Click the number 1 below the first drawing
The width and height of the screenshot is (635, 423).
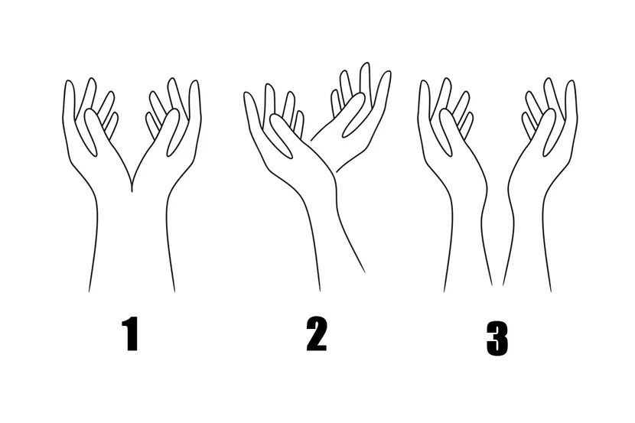132,334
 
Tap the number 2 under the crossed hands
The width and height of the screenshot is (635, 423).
316,334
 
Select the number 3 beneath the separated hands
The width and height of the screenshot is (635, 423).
497,339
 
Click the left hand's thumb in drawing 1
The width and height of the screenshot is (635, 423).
91,132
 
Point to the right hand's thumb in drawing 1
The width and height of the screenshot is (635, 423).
173,132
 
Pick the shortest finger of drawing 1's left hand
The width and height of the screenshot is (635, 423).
112,125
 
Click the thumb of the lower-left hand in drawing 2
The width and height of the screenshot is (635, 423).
281,135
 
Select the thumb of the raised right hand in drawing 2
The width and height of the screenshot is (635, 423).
353,115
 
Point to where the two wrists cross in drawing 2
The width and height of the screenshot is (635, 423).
333,172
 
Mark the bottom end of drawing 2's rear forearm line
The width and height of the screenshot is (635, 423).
364,272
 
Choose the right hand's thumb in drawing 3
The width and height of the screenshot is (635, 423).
549,132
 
